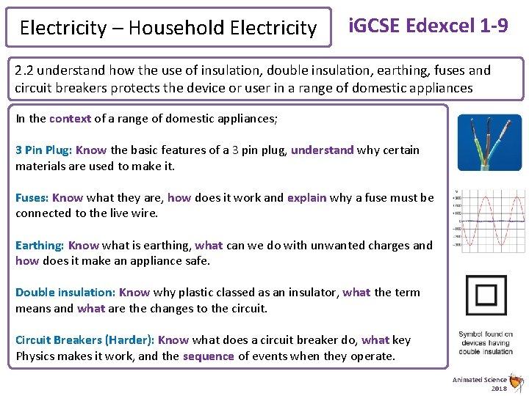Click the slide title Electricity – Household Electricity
168,28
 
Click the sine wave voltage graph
489,220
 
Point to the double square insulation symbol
486,295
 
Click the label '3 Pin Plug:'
43,150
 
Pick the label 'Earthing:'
40,246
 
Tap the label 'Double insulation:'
65,293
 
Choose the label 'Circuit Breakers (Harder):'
85,340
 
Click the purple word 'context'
70,119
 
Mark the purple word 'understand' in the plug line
323,150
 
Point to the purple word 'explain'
306,198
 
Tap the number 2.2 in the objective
24,71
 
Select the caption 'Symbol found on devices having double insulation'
486,342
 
